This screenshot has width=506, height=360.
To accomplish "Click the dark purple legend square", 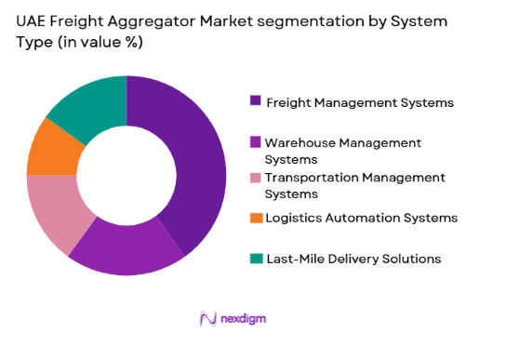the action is [x=254, y=100].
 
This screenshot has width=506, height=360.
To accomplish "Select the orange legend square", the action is [x=254, y=219].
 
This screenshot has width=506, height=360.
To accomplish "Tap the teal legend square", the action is [x=254, y=259].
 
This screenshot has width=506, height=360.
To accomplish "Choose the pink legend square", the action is [x=254, y=177].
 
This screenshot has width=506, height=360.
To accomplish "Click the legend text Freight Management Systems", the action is [x=359, y=101].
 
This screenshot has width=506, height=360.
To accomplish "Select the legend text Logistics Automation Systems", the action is [x=361, y=218].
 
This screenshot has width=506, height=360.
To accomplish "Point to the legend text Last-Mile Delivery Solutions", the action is [x=353, y=259].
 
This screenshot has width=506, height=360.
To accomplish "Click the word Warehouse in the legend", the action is [x=298, y=142].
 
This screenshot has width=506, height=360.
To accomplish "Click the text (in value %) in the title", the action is [x=104, y=42].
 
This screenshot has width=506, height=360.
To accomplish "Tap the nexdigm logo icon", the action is [x=208, y=318].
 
